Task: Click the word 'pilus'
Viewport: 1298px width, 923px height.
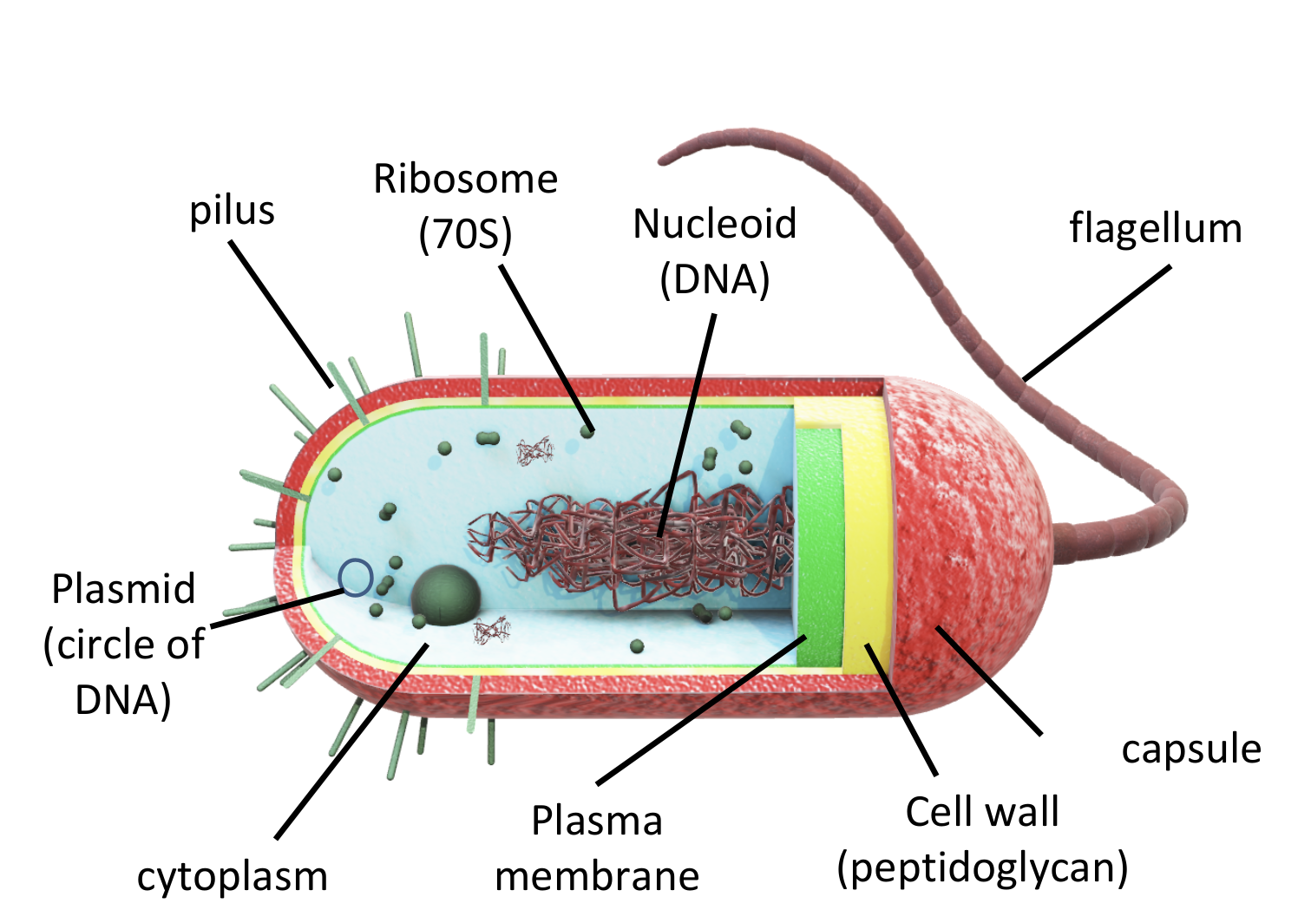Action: [232, 211]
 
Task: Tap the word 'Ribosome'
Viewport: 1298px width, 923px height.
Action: [465, 180]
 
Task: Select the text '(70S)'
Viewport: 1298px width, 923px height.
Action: [465, 234]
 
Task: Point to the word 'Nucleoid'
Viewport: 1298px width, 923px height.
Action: [714, 224]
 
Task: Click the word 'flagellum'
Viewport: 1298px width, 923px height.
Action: [1155, 229]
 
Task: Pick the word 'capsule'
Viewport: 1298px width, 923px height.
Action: [1190, 750]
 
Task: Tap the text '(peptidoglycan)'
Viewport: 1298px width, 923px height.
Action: [982, 867]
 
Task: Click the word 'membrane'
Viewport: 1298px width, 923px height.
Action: [597, 876]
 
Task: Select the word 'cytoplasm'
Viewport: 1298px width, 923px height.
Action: [233, 876]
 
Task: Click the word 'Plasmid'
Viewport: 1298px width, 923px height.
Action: [123, 589]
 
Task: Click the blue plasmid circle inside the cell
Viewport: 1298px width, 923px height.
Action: [356, 577]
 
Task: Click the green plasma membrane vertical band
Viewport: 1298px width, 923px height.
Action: [819, 547]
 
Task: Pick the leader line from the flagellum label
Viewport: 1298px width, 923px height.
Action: [1097, 323]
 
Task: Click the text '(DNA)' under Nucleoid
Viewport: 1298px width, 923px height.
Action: [714, 279]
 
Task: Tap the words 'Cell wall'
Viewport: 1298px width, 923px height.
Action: [982, 812]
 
